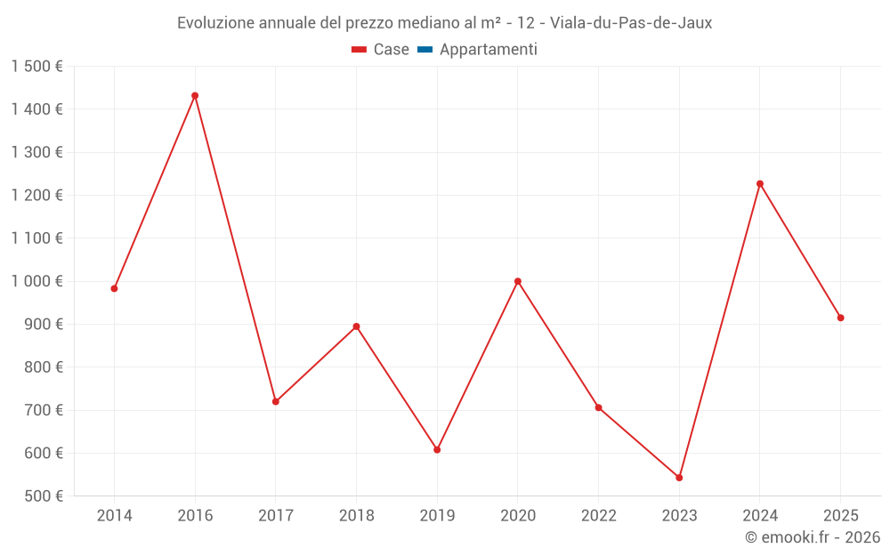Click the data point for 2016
[x=195, y=95]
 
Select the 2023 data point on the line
[x=679, y=478]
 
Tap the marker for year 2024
[x=760, y=184]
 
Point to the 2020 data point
[x=518, y=281]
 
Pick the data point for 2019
[x=437, y=450]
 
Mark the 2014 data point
[x=114, y=288]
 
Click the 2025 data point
[x=840, y=318]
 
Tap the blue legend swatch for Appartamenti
[x=425, y=50]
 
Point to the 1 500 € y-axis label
[x=37, y=67]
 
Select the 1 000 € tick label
[x=37, y=281]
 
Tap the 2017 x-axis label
[x=276, y=515]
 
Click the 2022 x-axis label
[x=598, y=515]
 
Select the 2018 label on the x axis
[x=356, y=515]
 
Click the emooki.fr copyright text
[x=813, y=537]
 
